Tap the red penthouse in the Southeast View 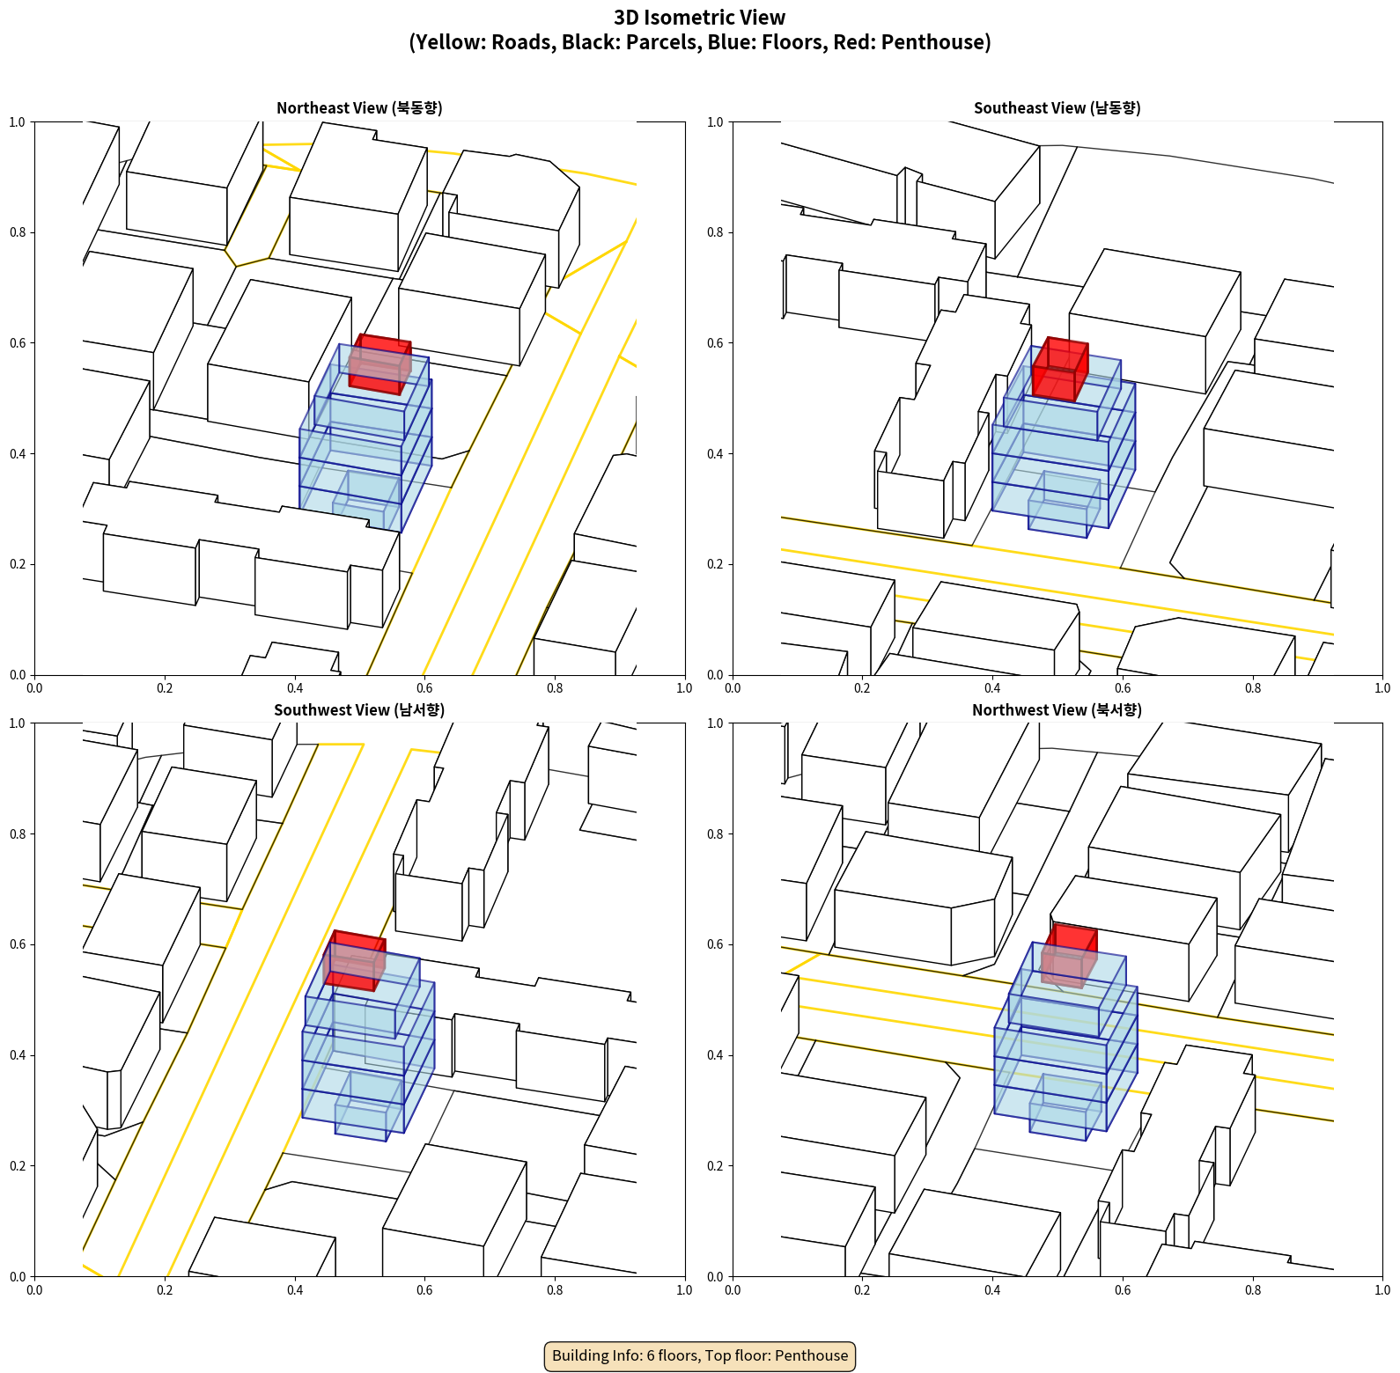coord(1060,370)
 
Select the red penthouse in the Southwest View coord(355,960)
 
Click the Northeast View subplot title coord(359,108)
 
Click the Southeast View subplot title coord(1057,108)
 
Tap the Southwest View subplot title coord(359,710)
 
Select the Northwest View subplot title coord(1057,710)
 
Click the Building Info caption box coord(700,1355)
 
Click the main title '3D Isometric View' coord(700,18)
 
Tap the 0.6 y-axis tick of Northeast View coord(18,343)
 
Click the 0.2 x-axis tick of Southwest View coord(165,1290)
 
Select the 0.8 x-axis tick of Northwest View coord(1253,1290)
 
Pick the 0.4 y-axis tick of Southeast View coord(715,454)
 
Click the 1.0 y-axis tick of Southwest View coord(18,723)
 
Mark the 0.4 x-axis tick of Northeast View coord(295,688)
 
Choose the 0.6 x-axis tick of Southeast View coord(1123,688)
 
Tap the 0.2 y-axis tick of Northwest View coord(715,1166)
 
